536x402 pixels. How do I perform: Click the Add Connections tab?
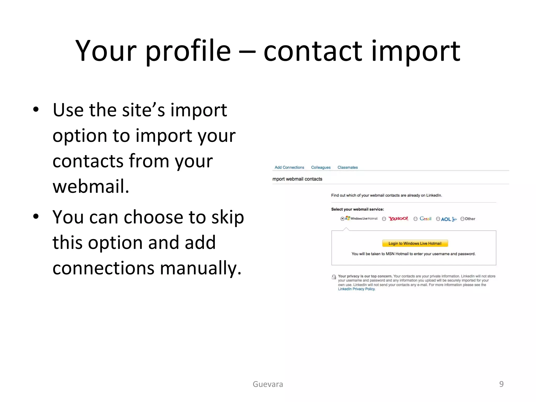click(x=289, y=167)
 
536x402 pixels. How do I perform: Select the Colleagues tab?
click(x=321, y=167)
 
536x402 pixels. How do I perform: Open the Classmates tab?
click(x=347, y=167)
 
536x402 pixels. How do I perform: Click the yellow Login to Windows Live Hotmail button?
click(x=415, y=243)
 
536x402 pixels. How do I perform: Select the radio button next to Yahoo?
click(x=384, y=219)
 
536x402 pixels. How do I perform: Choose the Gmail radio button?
click(x=415, y=219)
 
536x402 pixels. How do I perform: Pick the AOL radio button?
click(x=438, y=219)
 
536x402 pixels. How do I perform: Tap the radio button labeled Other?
click(x=462, y=219)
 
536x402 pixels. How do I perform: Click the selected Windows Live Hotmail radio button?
click(x=342, y=219)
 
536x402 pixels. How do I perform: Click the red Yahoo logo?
click(x=398, y=219)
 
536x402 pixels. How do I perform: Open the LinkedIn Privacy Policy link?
click(x=356, y=289)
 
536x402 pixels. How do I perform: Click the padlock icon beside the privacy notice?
click(x=334, y=277)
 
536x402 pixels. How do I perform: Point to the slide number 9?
click(x=501, y=384)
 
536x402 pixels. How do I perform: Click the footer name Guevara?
click(x=268, y=384)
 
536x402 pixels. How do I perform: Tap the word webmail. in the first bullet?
click(x=91, y=186)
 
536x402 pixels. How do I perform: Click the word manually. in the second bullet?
click(x=200, y=268)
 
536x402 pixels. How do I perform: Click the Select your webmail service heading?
click(x=358, y=209)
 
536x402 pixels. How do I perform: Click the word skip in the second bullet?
click(x=227, y=217)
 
